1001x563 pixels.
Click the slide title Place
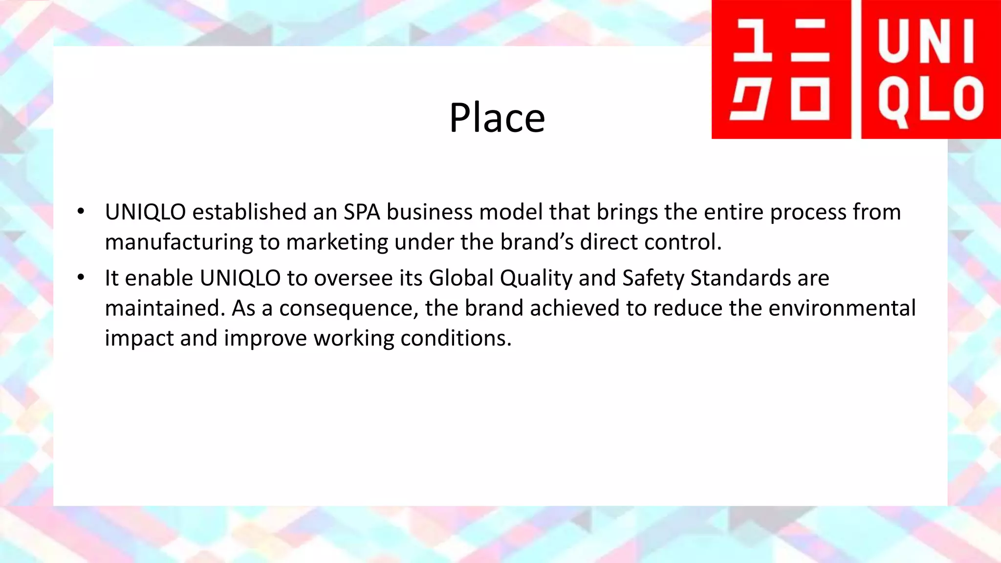tap(497, 118)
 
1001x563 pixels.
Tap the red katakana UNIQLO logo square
tap(781, 69)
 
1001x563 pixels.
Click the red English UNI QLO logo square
tap(931, 69)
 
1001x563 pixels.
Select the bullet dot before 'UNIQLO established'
tap(81, 212)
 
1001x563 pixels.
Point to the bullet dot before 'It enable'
tap(81, 278)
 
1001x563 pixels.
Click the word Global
tap(461, 278)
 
